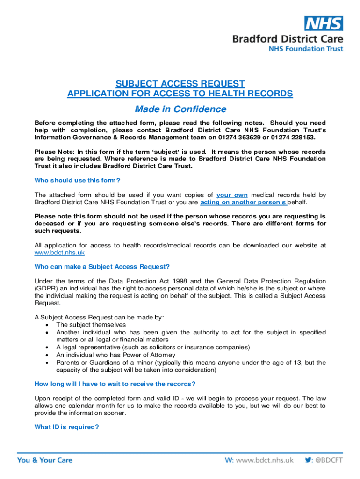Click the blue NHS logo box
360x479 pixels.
point(324,23)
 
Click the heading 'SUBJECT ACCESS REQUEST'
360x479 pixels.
point(180,84)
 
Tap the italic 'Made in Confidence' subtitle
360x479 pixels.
point(180,109)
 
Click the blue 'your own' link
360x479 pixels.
point(231,195)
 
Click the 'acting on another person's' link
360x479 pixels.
point(243,202)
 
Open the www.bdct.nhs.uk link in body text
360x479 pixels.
point(60,253)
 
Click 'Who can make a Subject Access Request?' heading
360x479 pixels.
point(102,267)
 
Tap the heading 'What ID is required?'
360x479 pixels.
point(67,426)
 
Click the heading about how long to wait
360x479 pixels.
point(115,384)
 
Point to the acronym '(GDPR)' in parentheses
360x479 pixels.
point(45,289)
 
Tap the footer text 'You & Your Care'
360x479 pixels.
point(45,460)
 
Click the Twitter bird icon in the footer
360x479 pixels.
point(308,460)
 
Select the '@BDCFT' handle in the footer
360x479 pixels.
point(330,460)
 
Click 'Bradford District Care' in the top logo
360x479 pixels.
point(288,39)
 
